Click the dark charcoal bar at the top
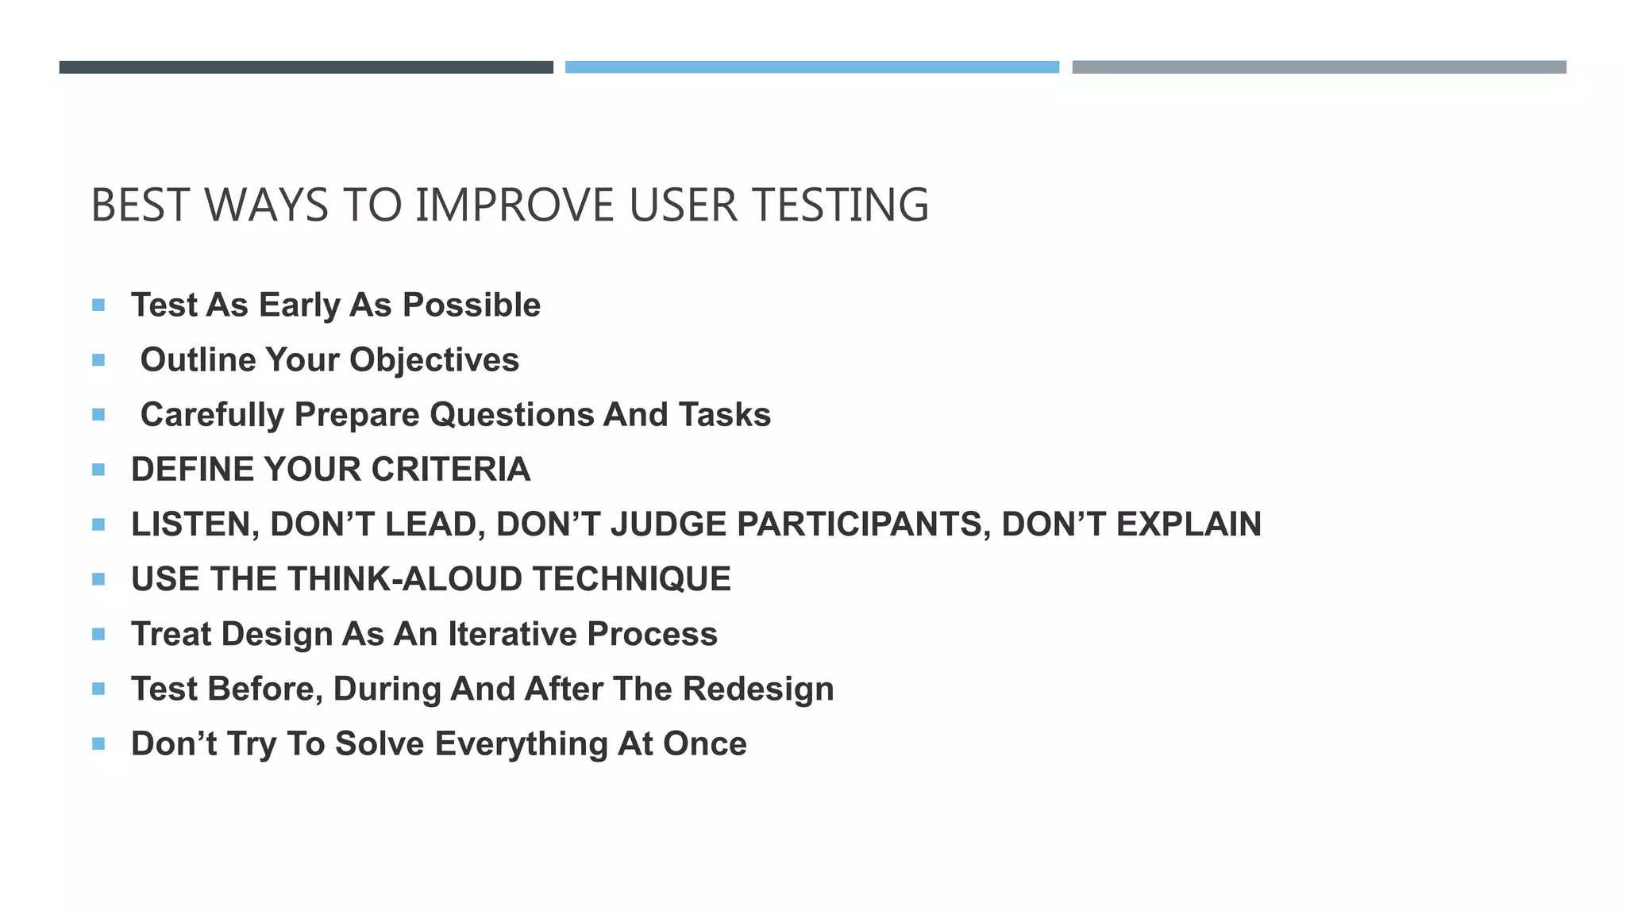(x=306, y=67)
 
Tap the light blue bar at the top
(x=811, y=67)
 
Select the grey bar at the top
(x=1319, y=67)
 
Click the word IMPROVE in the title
(x=514, y=205)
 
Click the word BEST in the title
(x=140, y=205)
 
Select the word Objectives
(x=434, y=360)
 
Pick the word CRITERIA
(x=451, y=470)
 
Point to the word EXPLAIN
(x=1189, y=524)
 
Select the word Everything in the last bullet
(x=521, y=744)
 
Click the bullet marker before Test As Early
(x=98, y=305)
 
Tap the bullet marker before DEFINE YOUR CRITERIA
(x=98, y=470)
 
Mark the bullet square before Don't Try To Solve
(x=98, y=744)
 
